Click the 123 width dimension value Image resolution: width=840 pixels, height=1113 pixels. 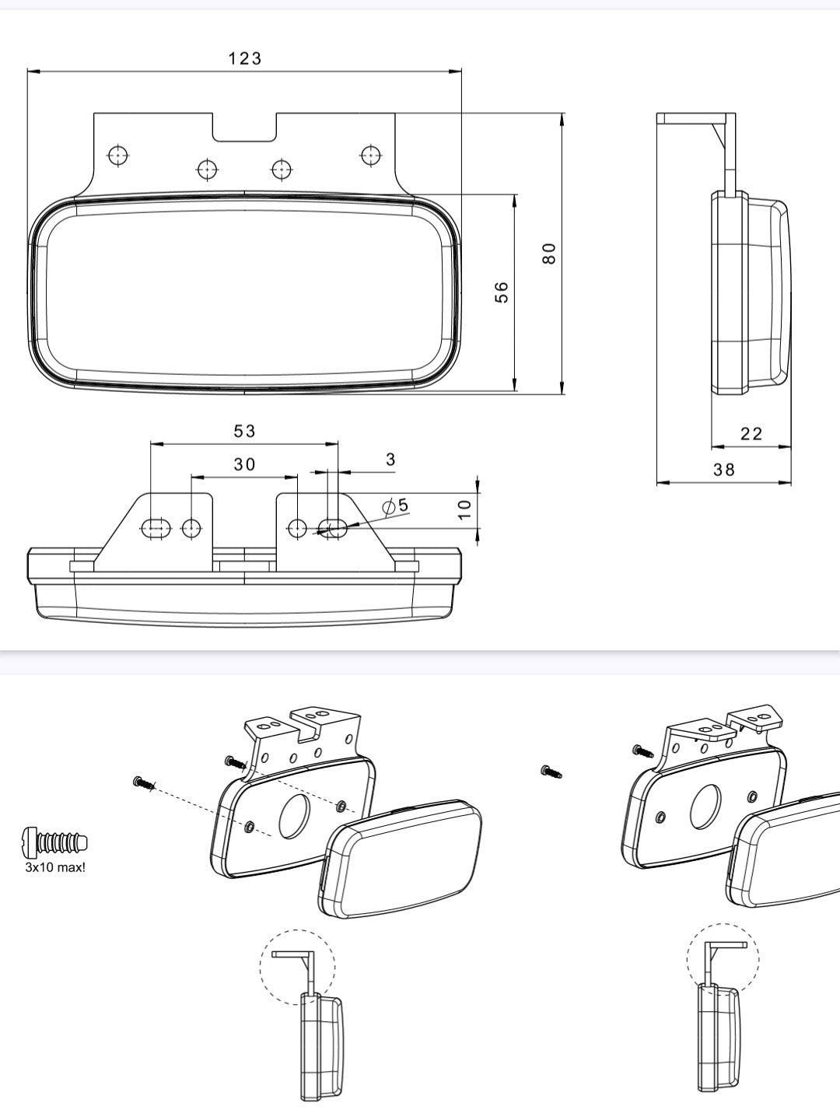pyautogui.click(x=245, y=59)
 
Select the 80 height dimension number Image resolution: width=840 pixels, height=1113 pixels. pyautogui.click(x=549, y=254)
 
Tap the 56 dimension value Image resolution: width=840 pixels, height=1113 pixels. pyautogui.click(x=502, y=292)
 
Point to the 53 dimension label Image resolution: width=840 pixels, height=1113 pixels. pyautogui.click(x=244, y=431)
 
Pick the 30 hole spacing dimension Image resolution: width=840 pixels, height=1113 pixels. pyautogui.click(x=244, y=464)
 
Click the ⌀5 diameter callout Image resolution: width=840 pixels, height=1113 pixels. pyautogui.click(x=396, y=506)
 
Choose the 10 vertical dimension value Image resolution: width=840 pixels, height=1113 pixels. pyautogui.click(x=464, y=509)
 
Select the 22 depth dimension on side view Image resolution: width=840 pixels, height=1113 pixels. pyautogui.click(x=751, y=433)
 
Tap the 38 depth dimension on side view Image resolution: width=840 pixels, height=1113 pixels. pyautogui.click(x=724, y=470)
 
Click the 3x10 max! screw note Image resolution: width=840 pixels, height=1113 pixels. pyautogui.click(x=55, y=867)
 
